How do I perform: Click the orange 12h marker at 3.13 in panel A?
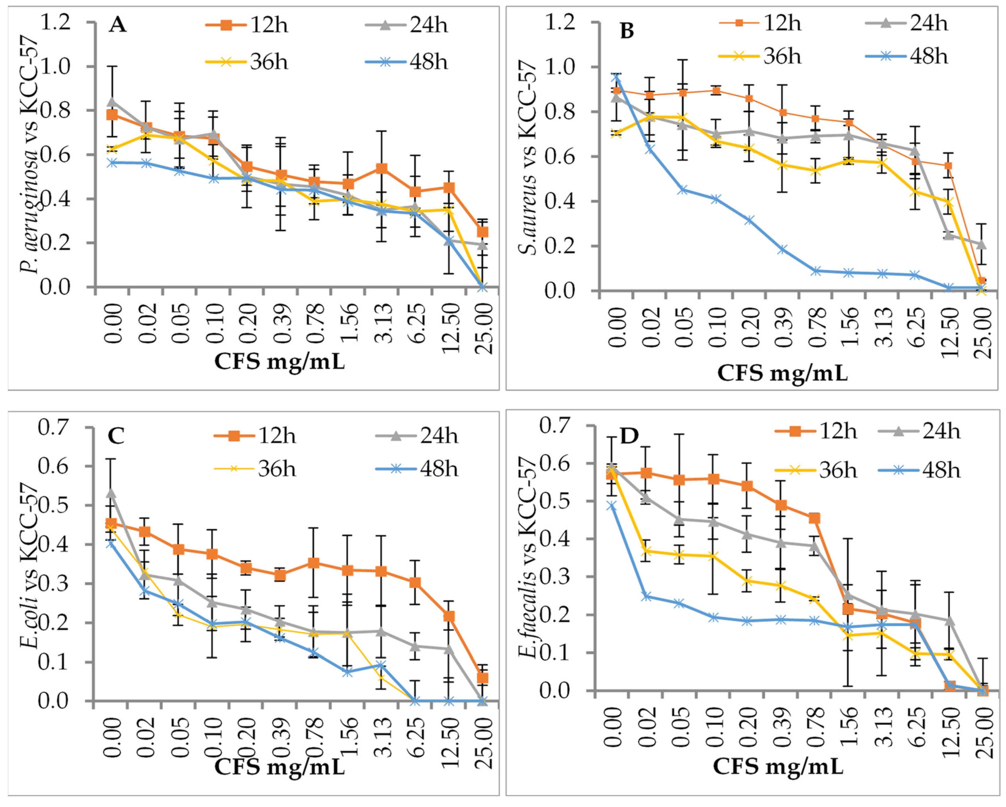[x=382, y=168]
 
